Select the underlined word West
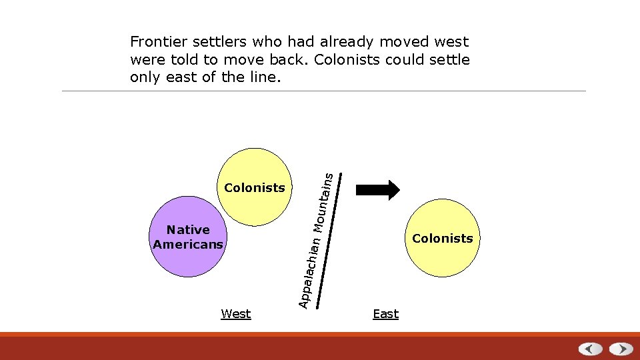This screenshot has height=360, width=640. pos(236,314)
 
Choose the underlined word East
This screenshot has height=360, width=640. pos(385,314)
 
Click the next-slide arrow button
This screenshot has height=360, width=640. pos(621,349)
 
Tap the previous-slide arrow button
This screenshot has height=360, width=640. pos(590,349)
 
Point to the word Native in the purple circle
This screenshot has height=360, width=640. pos(188,230)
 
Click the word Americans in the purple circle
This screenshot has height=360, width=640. pos(188,245)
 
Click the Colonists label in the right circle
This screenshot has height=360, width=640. pos(443,239)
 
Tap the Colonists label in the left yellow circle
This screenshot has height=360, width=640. pos(255,188)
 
